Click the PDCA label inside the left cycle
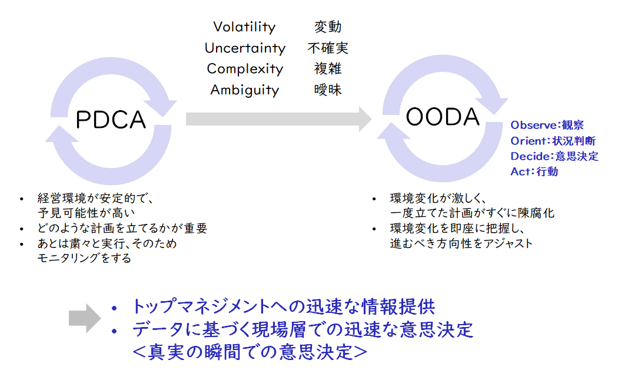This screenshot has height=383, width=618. coord(111,120)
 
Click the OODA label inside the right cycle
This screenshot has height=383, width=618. coord(443,117)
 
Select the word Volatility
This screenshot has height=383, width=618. coord(244,27)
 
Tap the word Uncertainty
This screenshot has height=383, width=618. coord(245,48)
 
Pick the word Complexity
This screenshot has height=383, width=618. coord(245,69)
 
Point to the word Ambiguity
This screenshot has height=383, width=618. coord(245,90)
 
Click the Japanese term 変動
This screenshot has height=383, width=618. coord(327,27)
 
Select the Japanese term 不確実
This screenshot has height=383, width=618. coord(328,48)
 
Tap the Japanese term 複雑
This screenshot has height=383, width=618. coord(327,68)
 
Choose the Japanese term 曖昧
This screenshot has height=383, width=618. coord(327,90)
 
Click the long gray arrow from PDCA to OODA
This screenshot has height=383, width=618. coord(278,118)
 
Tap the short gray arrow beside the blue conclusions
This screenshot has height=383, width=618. coord(85,318)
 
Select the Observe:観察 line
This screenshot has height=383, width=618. coord(547,125)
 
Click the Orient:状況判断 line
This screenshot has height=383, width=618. coord(553,141)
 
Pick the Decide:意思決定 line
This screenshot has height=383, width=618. coord(554,156)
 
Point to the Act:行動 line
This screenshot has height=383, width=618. coord(534,171)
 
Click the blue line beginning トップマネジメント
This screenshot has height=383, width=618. coord(284,307)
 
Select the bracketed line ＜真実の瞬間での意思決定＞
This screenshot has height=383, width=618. coord(250,352)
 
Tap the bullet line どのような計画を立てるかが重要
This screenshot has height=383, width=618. coord(122,229)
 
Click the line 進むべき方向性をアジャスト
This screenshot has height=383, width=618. coord(461,243)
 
